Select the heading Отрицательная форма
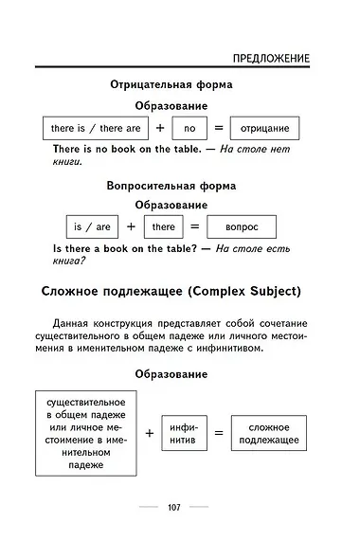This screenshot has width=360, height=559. tap(171, 84)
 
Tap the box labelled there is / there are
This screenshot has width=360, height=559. tap(95, 128)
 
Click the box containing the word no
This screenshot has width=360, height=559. tap(189, 128)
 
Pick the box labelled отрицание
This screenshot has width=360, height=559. tap(264, 128)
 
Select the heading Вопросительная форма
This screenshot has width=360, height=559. tap(171, 186)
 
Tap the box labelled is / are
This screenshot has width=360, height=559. tap(91, 227)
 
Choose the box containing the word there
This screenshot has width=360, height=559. tap(163, 227)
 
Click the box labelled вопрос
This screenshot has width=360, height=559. tap(238, 227)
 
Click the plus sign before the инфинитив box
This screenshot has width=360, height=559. tap(150, 433)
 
